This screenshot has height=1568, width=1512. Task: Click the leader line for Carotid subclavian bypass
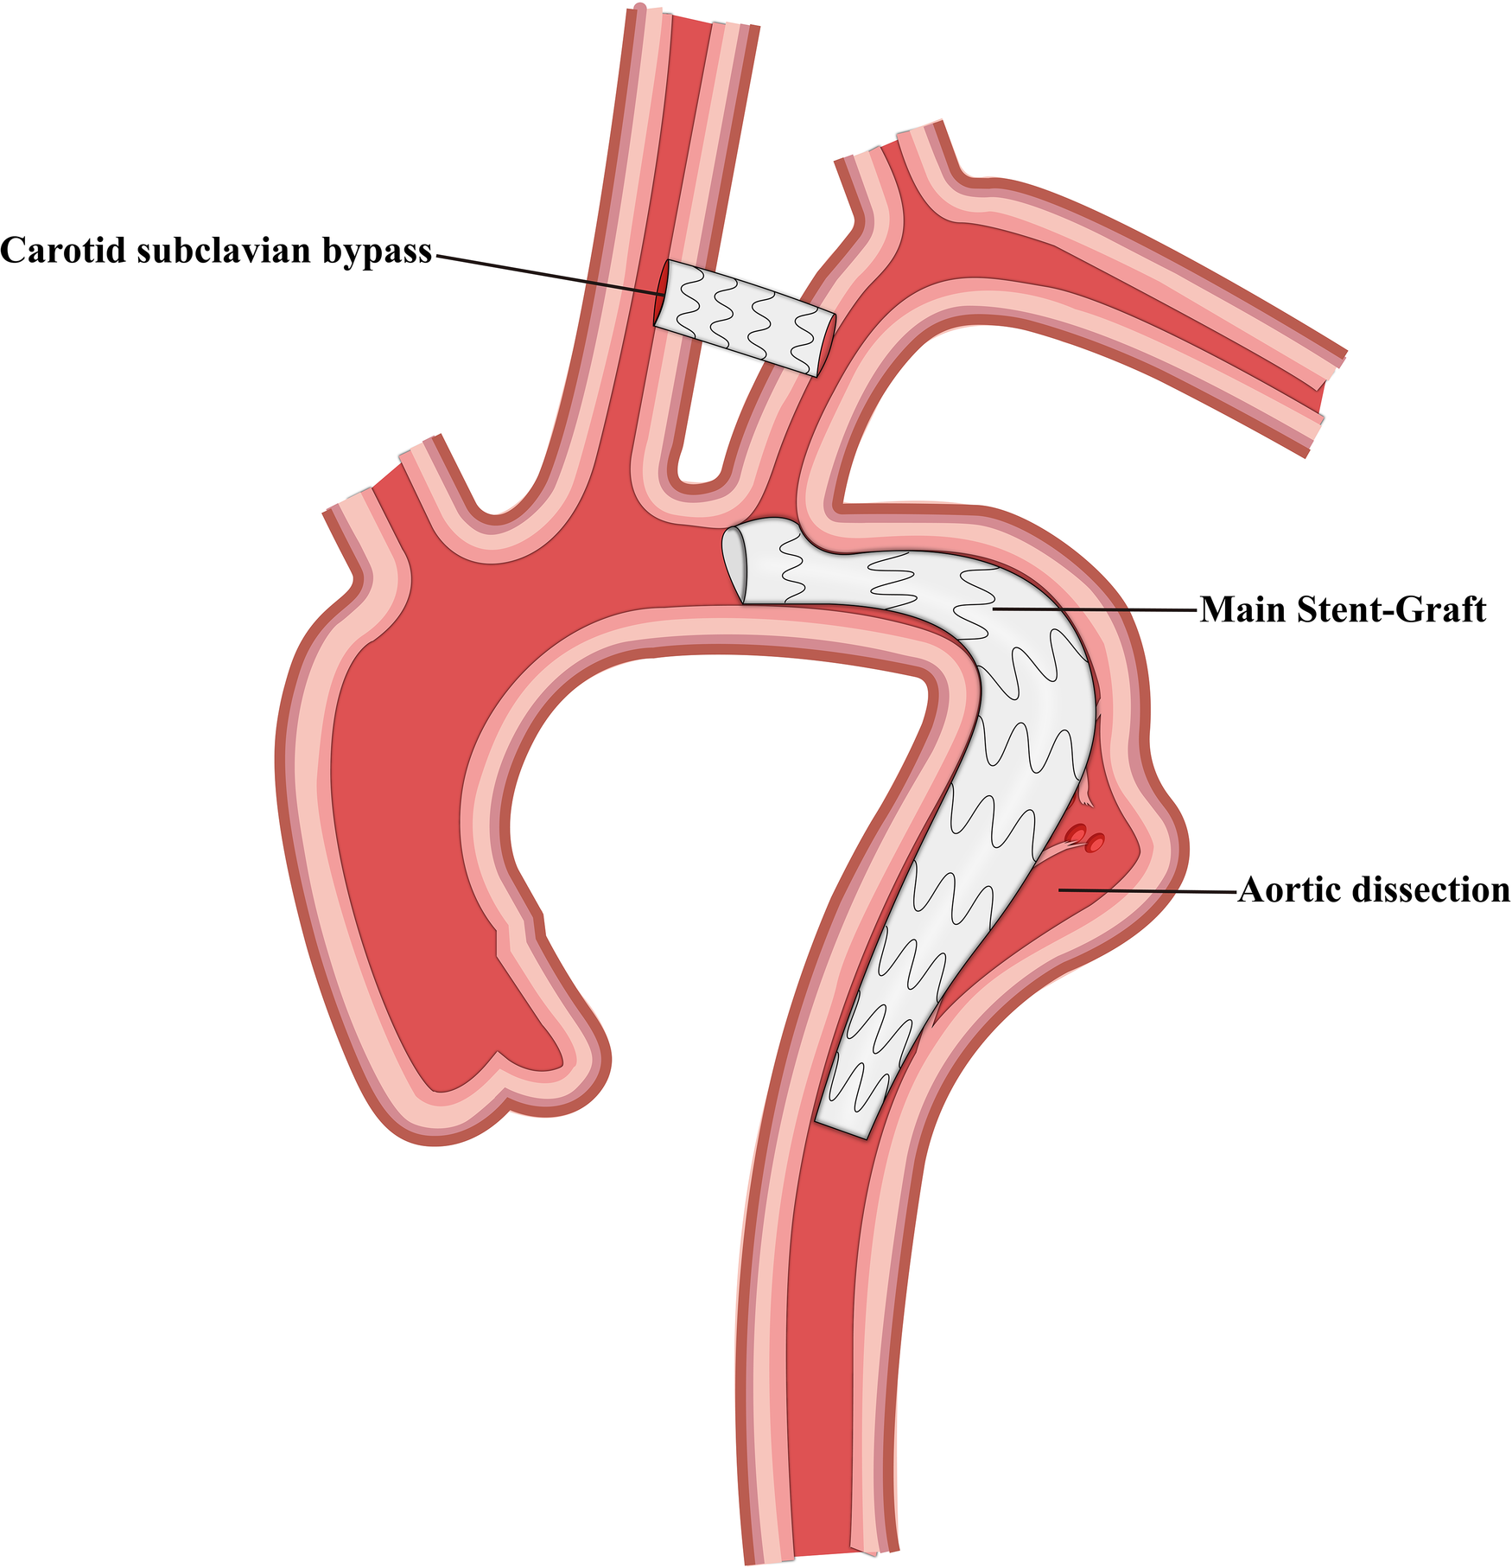tap(544, 272)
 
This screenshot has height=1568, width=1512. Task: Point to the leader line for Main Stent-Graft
tap(1097, 610)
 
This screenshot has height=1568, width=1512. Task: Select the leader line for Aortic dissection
tap(1149, 889)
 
